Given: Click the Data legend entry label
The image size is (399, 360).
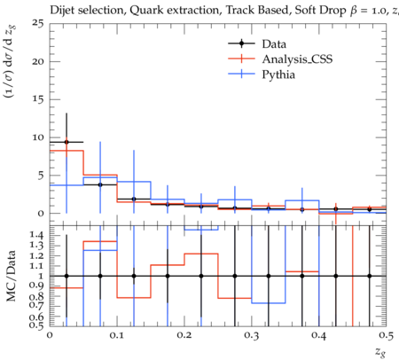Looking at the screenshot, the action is coord(274,44).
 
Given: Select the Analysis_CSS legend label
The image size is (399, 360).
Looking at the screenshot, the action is coord(297,59).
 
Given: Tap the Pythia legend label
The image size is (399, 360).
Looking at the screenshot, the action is coord(278,74).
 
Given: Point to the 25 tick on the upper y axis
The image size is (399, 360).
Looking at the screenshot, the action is coord(37,23).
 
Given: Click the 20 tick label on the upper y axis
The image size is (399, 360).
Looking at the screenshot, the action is coord(37,61).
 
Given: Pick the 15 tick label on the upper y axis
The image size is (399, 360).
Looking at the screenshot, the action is coord(37,99).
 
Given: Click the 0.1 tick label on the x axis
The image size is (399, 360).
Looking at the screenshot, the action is coord(117,335).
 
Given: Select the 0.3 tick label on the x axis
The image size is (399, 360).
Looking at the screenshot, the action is coord(252,335).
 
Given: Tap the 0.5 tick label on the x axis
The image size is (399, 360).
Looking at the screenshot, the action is coord(387,335).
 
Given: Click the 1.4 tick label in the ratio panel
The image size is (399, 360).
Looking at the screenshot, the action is coord(37,235).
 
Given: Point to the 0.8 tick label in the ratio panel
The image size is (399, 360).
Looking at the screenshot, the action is coord(37,296).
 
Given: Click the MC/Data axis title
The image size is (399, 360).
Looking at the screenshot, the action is coord(11,276).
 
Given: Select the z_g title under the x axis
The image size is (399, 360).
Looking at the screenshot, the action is coord(380,352).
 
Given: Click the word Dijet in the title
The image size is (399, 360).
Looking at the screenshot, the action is coord(62,11).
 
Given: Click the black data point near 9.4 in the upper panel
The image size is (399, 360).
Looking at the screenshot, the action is coord(66,142).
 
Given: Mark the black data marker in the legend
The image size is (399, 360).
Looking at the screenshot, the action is coord(241,43).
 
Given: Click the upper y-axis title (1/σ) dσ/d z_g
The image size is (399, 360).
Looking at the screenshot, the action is coord(11,62).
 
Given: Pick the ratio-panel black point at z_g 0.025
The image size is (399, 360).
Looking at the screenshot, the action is coord(66,276).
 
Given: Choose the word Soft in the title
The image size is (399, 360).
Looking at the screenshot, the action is coord(305,11).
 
